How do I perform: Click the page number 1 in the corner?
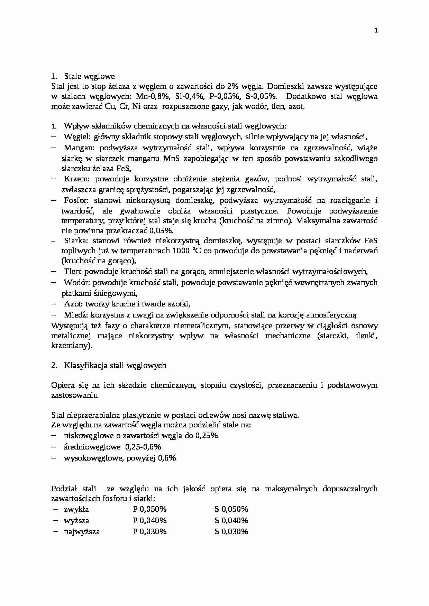(376, 30)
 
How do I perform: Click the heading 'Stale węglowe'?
(89, 76)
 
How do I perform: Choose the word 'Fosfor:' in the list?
(76, 200)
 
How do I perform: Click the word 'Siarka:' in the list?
(76, 240)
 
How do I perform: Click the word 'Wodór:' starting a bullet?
(77, 283)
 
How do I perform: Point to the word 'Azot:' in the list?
(73, 304)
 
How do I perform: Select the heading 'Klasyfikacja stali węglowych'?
(115, 366)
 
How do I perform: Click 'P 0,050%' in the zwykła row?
(150, 509)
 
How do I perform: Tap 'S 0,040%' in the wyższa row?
(231, 520)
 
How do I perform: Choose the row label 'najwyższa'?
(82, 532)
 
